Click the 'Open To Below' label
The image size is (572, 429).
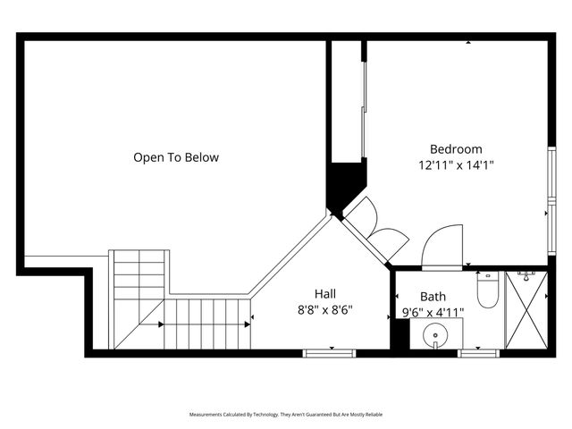pyautogui.click(x=176, y=158)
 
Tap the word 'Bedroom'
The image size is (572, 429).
pyautogui.click(x=456, y=149)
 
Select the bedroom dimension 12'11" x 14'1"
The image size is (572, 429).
pyautogui.click(x=456, y=164)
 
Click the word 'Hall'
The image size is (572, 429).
pyautogui.click(x=325, y=293)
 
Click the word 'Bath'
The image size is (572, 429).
pyautogui.click(x=433, y=297)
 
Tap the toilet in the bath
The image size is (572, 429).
pyautogui.click(x=487, y=291)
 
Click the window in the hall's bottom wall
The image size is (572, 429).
pyautogui.click(x=330, y=352)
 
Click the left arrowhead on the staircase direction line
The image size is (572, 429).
pyautogui.click(x=162, y=323)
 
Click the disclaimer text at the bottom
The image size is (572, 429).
pyautogui.click(x=285, y=415)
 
